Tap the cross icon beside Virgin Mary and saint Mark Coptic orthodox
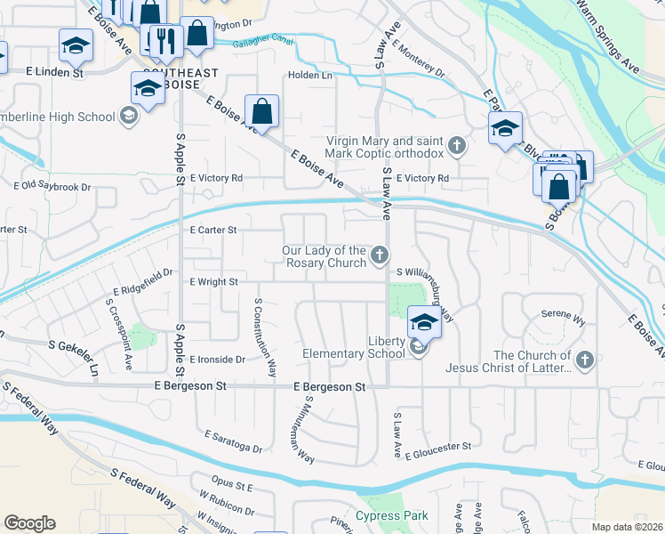click(457, 145)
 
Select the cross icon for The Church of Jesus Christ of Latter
click(583, 360)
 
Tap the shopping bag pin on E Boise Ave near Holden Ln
click(262, 113)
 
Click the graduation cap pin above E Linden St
click(76, 45)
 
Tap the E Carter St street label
click(213, 230)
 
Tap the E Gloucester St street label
click(437, 455)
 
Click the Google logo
click(29, 523)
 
